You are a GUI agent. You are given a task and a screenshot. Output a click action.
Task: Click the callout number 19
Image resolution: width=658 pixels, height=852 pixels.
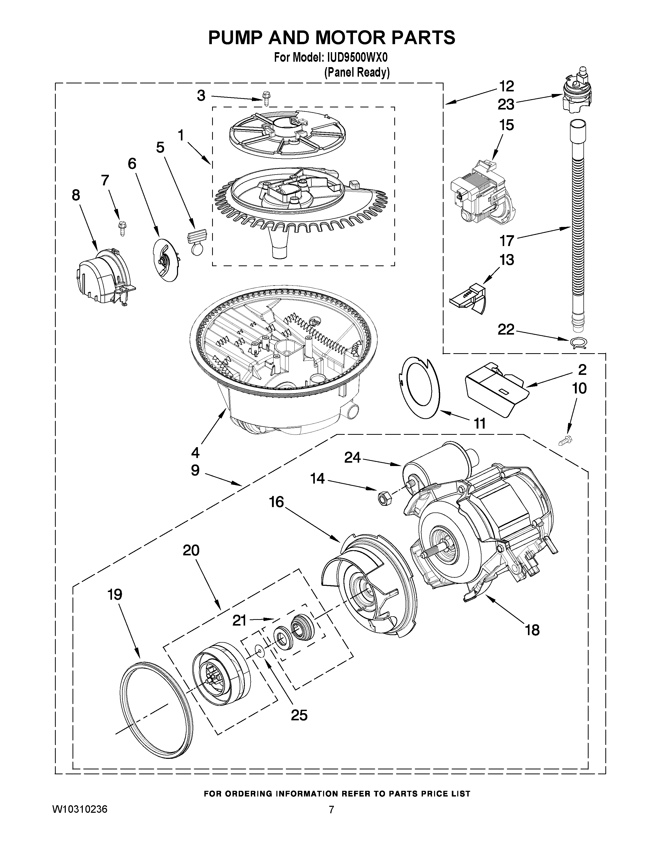(115, 595)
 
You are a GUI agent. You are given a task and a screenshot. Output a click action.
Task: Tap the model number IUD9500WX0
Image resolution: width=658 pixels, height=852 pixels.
(355, 58)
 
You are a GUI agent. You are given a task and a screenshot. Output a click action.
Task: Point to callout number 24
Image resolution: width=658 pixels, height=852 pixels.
(352, 457)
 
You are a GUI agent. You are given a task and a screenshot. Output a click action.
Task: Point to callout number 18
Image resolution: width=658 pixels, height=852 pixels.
(532, 630)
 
